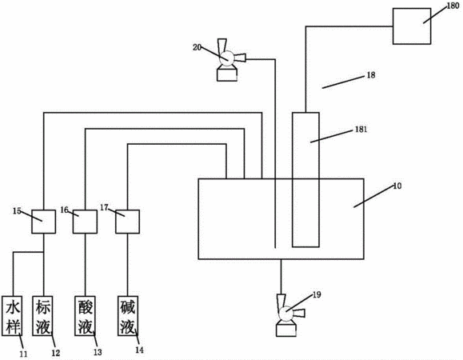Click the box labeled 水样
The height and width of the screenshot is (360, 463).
click(12, 316)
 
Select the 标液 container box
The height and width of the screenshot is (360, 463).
click(43, 316)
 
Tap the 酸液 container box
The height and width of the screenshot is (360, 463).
click(86, 316)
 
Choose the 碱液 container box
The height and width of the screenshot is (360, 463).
click(128, 316)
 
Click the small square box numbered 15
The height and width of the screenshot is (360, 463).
click(43, 222)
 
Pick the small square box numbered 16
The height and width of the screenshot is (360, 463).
click(85, 222)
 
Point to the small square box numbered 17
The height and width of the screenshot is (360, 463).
click(127, 222)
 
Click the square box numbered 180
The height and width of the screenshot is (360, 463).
click(412, 26)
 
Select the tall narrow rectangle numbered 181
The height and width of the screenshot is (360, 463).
click(305, 179)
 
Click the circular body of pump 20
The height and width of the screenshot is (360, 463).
click(227, 58)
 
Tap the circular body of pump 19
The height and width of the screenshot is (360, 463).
click(285, 314)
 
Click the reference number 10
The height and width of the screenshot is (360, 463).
click(397, 186)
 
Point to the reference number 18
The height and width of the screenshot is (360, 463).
click(371, 75)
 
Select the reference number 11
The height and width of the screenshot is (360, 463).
click(23, 354)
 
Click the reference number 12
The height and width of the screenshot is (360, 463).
click(55, 353)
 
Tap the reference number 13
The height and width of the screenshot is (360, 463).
click(98, 352)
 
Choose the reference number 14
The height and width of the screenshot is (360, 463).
click(139, 350)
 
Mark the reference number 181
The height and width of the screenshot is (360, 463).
click(361, 130)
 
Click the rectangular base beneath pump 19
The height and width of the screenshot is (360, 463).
click(285, 330)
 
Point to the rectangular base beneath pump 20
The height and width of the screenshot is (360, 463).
click(227, 74)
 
